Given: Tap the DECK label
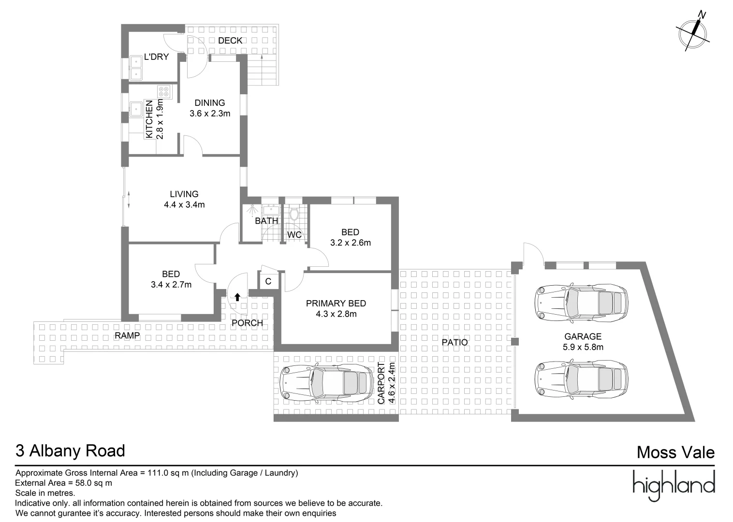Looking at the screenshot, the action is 230,41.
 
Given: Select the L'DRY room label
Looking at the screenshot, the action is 157,57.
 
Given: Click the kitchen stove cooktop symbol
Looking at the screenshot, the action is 164,92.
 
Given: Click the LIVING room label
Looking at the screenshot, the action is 184,194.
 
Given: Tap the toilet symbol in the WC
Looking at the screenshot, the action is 294,214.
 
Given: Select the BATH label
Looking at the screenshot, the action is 266,221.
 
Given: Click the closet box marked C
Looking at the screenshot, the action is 269,281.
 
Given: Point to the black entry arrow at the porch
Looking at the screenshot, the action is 237,297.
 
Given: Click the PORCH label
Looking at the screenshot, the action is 247,323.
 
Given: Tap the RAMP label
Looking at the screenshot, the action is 127,335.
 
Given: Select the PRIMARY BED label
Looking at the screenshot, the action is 336,304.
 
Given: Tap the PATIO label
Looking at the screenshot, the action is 454,342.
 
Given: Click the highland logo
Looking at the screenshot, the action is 674,486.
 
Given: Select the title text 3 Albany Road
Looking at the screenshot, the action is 71,450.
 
